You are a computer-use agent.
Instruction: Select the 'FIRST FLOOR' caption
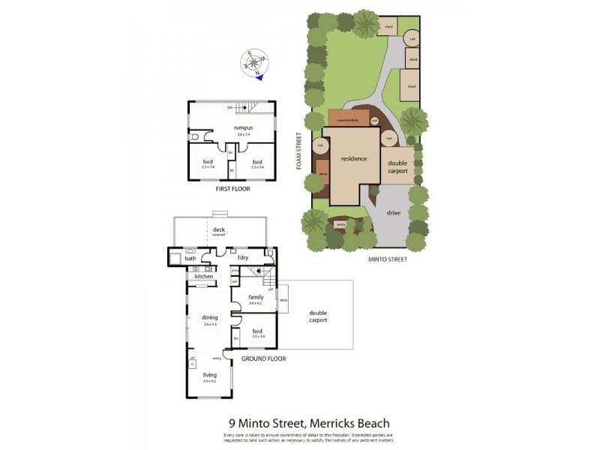click(x=232, y=189)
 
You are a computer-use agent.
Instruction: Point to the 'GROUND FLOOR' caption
click(x=263, y=358)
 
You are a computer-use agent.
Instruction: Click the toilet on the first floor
click(x=194, y=137)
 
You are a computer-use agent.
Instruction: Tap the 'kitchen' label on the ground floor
click(x=204, y=277)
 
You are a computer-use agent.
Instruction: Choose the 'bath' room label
click(x=190, y=259)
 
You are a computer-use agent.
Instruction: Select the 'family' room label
click(x=255, y=297)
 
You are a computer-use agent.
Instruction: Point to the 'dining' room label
click(x=209, y=317)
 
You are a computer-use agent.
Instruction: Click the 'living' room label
click(x=209, y=375)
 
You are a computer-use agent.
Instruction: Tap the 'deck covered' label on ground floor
click(x=218, y=230)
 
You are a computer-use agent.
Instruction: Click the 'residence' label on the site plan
click(x=354, y=159)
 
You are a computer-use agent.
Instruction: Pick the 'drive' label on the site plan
click(x=394, y=213)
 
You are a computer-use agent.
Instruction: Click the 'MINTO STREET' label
click(x=388, y=259)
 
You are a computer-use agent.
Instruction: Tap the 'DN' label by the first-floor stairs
click(x=229, y=107)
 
